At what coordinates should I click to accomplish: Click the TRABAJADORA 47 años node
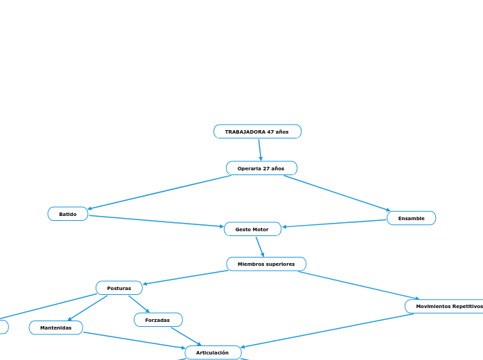click(258, 132)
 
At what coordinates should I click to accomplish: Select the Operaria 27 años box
click(261, 168)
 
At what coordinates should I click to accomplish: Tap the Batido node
click(68, 214)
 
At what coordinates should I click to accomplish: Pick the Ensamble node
click(411, 218)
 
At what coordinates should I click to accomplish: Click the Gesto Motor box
click(253, 229)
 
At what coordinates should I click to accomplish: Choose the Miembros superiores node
click(266, 264)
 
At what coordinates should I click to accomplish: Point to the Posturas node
click(119, 288)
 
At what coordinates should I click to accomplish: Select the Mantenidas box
click(55, 327)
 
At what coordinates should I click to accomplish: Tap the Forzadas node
click(158, 320)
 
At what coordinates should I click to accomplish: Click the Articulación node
click(213, 352)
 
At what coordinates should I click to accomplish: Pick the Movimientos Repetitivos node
click(444, 306)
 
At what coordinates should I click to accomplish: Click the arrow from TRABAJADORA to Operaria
click(260, 150)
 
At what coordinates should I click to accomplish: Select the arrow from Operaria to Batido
click(159, 192)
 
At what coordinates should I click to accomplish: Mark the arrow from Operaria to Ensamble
click(337, 193)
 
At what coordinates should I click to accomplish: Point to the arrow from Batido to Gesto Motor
click(156, 222)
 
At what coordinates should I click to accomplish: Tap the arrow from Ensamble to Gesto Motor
click(334, 224)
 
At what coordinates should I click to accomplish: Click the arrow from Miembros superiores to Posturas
click(185, 277)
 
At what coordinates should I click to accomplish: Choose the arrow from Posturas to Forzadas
click(139, 304)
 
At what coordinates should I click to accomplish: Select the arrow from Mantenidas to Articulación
click(134, 341)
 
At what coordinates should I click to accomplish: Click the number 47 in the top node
click(270, 132)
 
